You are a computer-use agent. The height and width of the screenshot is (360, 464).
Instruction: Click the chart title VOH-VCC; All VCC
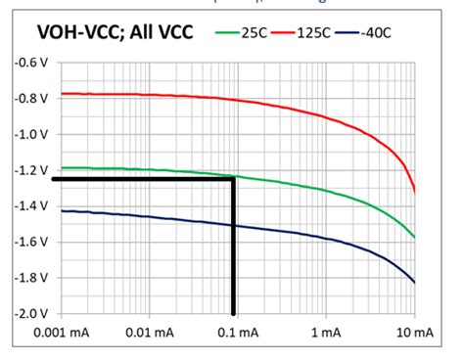coord(112,32)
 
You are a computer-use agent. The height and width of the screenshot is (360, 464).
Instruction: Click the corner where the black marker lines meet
coord(234,180)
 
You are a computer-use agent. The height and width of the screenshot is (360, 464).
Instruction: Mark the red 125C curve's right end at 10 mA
coord(415,192)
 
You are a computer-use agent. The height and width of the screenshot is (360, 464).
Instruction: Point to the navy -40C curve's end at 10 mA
coord(415,283)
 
